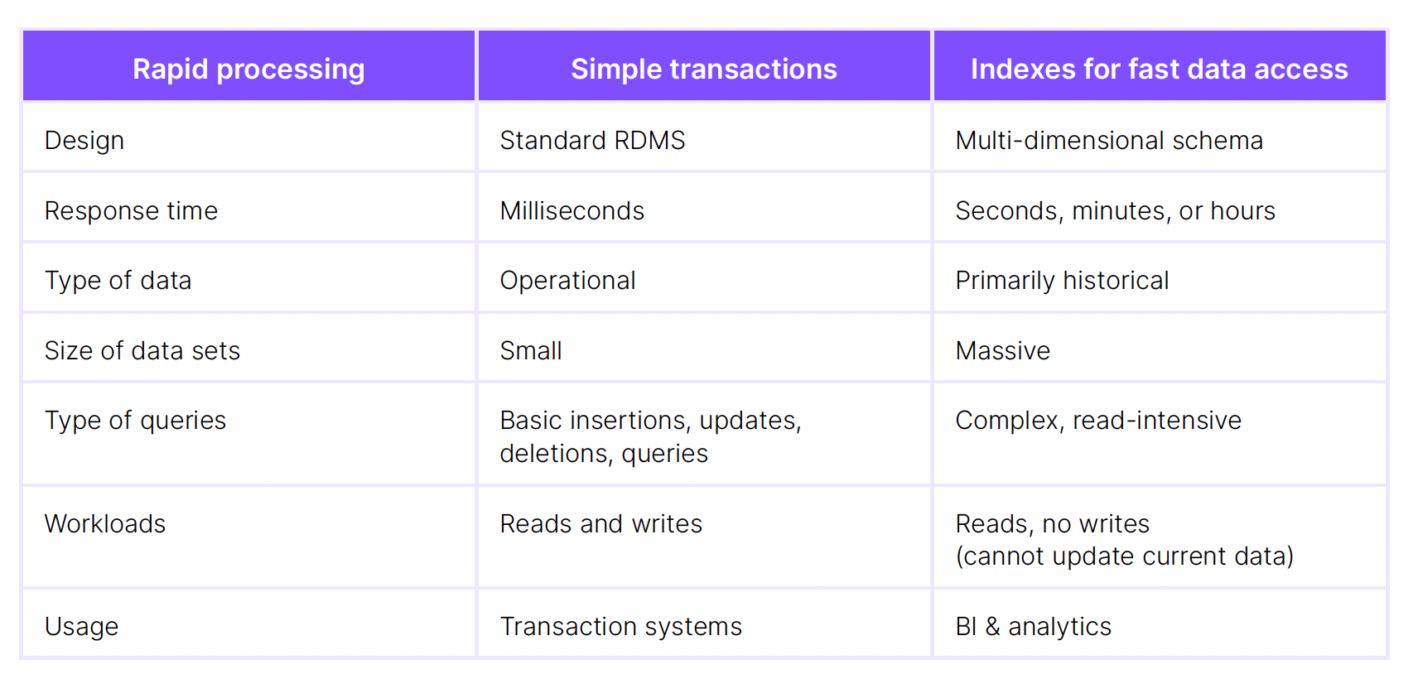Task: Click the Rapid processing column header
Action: pyautogui.click(x=248, y=69)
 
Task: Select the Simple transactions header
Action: pyautogui.click(x=704, y=69)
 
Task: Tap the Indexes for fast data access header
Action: pyautogui.click(x=1159, y=69)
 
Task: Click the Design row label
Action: pyautogui.click(x=84, y=141)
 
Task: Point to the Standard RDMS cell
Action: pyautogui.click(x=592, y=141)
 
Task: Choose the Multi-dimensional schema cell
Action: pyautogui.click(x=1109, y=141)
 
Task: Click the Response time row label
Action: pyautogui.click(x=131, y=211)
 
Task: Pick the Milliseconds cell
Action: pyautogui.click(x=572, y=211)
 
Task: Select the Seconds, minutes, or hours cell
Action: pyautogui.click(x=1115, y=211)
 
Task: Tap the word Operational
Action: pyautogui.click(x=567, y=281)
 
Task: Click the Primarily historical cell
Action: pyautogui.click(x=1062, y=281)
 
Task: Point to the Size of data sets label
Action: pyautogui.click(x=142, y=351)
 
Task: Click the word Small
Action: pyautogui.click(x=531, y=351)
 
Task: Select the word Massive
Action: pyautogui.click(x=1002, y=351)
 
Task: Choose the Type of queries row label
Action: pyautogui.click(x=135, y=421)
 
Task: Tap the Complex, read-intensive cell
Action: pyautogui.click(x=1098, y=421)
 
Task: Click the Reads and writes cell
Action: pyautogui.click(x=600, y=524)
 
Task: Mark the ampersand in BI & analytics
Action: pyautogui.click(x=992, y=627)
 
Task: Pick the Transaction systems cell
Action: pyautogui.click(x=620, y=627)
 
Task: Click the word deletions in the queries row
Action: pyautogui.click(x=555, y=454)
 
